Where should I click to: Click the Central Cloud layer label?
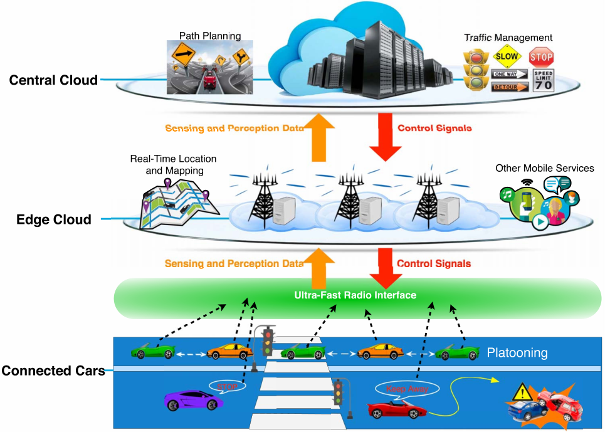[x=53, y=80]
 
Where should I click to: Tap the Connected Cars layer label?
[x=53, y=371]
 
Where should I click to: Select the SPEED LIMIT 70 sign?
[x=543, y=81]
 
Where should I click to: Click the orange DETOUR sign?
[x=509, y=87]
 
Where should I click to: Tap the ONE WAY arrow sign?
[x=509, y=74]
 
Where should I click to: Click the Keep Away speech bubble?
[x=408, y=389]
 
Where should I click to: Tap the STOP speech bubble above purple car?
[x=227, y=386]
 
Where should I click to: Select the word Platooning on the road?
[x=517, y=353]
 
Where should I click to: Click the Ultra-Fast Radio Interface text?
[x=355, y=295]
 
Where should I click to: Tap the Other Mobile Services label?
[x=544, y=168]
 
